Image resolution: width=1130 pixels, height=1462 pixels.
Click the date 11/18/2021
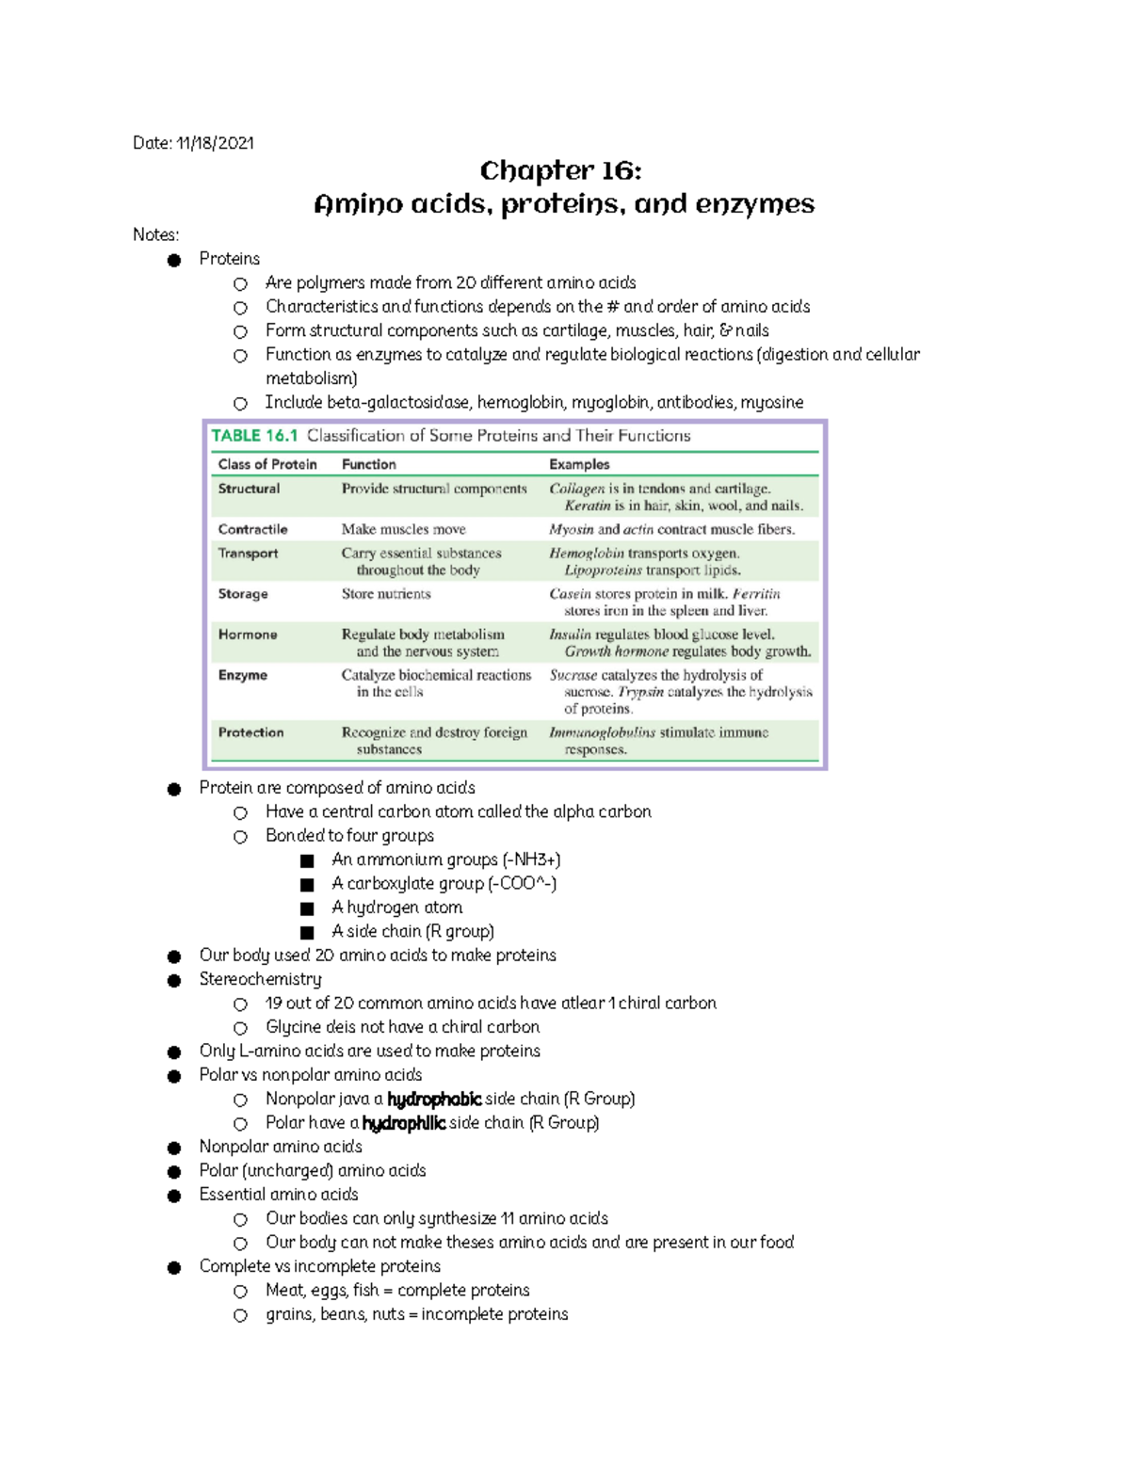(215, 143)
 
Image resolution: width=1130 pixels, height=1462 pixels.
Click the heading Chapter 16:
(560, 170)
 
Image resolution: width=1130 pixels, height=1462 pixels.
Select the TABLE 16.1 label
(254, 436)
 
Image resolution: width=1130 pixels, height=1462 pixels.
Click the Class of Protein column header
(267, 464)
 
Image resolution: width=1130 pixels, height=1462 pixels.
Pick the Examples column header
(579, 464)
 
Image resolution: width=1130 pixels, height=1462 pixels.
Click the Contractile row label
(252, 529)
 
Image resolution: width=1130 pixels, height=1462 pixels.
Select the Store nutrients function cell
(386, 594)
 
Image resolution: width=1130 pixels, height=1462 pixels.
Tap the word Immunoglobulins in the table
(602, 732)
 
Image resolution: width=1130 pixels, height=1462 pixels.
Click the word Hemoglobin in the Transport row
(587, 554)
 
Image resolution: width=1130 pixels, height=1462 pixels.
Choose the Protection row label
(250, 732)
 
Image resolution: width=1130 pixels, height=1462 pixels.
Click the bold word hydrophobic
(434, 1099)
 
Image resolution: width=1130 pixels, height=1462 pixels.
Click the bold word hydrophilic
(403, 1123)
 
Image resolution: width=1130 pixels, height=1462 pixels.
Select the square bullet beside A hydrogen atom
(307, 908)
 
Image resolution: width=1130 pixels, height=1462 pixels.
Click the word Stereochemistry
(260, 979)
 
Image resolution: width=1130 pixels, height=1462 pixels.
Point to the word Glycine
(294, 1027)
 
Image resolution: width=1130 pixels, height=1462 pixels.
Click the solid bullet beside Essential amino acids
(174, 1196)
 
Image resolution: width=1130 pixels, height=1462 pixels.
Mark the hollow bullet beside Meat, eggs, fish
(240, 1292)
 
